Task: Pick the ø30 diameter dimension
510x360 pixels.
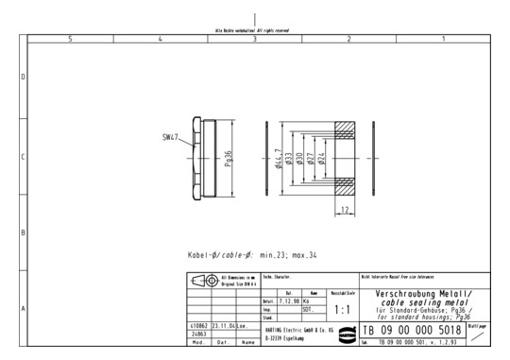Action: point(313,158)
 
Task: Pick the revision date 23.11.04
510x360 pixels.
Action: point(222,325)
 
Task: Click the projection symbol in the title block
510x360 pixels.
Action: point(202,282)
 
